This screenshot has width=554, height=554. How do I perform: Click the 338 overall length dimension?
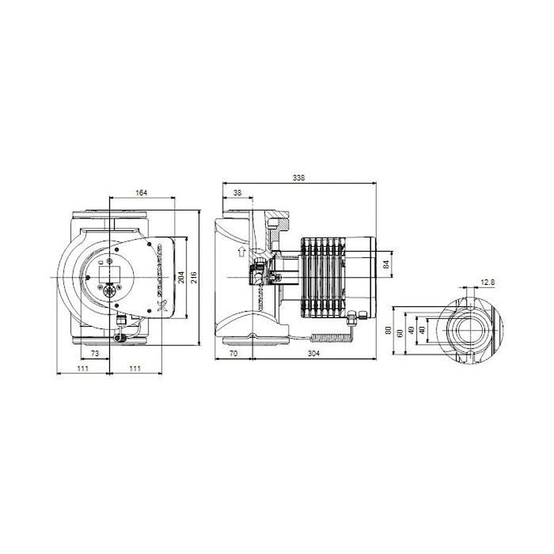coord(299,177)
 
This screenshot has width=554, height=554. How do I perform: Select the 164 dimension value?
coord(142,193)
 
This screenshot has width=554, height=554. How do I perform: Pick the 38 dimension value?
coord(237,193)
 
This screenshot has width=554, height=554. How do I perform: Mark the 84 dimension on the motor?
coord(387,264)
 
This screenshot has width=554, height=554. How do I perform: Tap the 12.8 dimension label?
coord(488,282)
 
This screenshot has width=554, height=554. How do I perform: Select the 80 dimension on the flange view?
coord(388,330)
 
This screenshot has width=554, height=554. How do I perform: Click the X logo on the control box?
coord(163,306)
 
